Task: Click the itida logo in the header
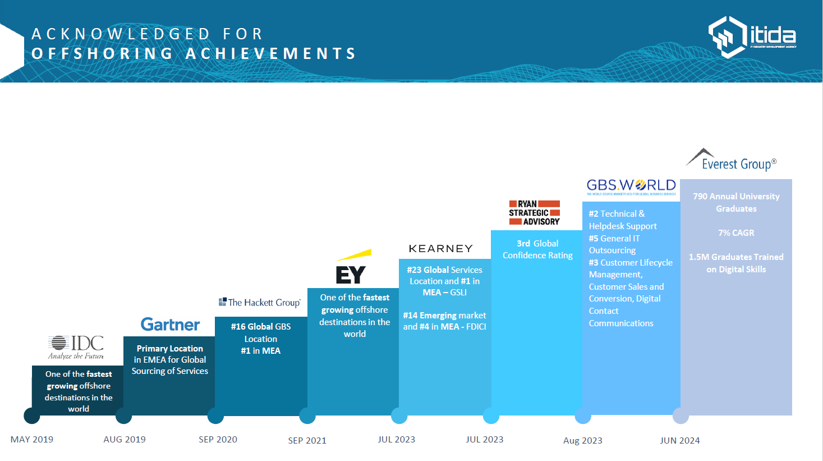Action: click(752, 37)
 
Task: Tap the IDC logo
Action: click(76, 347)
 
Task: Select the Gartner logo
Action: click(170, 325)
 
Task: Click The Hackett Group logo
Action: click(260, 303)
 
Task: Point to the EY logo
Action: click(352, 268)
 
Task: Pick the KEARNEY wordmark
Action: click(440, 249)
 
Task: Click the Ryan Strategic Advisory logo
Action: click(534, 213)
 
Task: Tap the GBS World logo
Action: click(631, 186)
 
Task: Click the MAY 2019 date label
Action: click(32, 439)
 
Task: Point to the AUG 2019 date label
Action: click(125, 439)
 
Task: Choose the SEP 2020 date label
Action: click(218, 439)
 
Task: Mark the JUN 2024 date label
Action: click(680, 440)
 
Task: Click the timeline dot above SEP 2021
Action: click(307, 416)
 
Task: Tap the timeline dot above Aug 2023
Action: click(583, 416)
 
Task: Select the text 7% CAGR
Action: click(736, 233)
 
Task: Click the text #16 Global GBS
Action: click(261, 327)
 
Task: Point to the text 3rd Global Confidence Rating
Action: click(537, 249)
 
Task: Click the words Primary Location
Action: click(170, 349)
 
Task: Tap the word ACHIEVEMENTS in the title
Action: click(271, 54)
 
